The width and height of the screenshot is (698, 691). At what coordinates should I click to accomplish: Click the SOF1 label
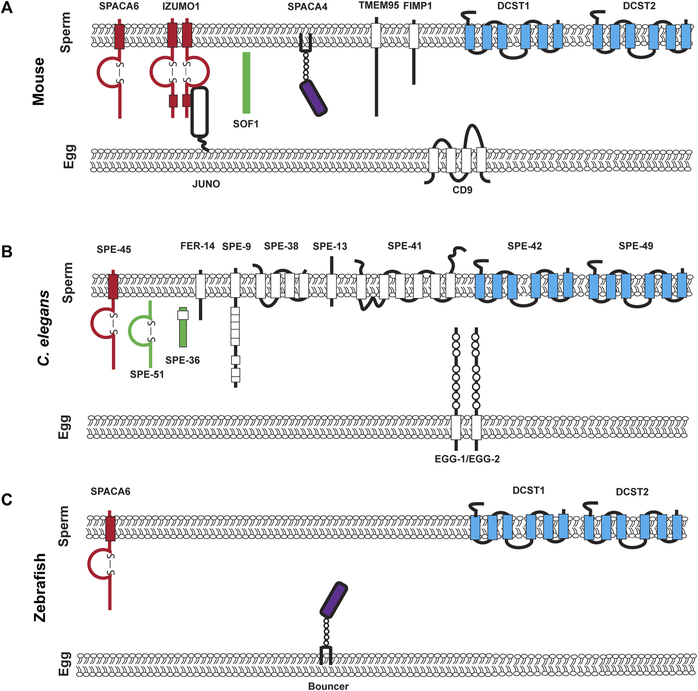coord(246,124)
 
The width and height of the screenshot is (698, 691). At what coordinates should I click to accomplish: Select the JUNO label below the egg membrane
coord(206,184)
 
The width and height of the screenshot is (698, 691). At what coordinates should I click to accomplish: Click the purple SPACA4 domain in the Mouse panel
coord(313,98)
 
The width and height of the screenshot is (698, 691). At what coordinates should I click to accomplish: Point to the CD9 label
coord(462,190)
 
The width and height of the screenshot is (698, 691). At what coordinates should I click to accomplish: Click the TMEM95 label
coord(379,6)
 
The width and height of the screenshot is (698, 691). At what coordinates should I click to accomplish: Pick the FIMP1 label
coord(417,6)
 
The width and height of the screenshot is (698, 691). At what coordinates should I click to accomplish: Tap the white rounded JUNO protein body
coord(200,112)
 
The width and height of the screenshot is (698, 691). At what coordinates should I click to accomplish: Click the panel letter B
coord(7,252)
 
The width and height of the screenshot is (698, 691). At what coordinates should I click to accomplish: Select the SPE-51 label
coord(147,374)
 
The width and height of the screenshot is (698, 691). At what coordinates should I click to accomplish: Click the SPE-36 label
coord(182,360)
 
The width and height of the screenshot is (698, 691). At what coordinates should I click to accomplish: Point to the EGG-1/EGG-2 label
coord(467,459)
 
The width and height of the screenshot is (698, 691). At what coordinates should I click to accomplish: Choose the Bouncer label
coord(328,686)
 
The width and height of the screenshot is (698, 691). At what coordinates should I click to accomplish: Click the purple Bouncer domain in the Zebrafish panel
coord(334,599)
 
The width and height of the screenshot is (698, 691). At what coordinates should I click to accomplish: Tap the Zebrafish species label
coord(40,587)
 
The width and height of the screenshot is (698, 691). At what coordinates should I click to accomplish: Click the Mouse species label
coord(39,82)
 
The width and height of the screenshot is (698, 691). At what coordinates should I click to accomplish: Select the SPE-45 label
coord(114,249)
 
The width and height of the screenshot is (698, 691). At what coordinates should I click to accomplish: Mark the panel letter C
coord(7,500)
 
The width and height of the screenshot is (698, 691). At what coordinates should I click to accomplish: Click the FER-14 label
coord(197,246)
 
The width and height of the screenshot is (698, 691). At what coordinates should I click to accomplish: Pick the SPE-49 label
coord(636,246)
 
